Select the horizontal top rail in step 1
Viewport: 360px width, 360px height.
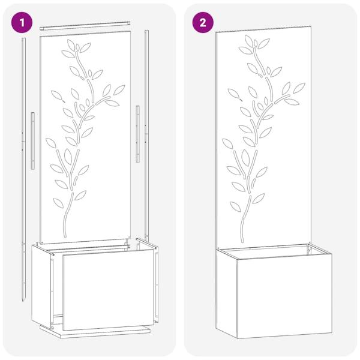[x=85, y=26]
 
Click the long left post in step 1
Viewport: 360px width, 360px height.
[x=23, y=150]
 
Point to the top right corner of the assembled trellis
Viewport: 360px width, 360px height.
[x=310, y=27]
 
